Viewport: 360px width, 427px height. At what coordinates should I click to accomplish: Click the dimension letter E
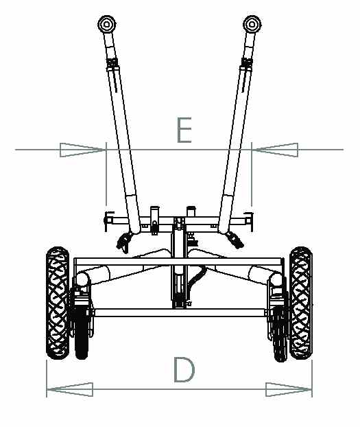coord(184,130)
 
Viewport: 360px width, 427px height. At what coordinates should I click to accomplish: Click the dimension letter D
coord(184,369)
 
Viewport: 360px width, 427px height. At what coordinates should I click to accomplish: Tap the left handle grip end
coord(107,24)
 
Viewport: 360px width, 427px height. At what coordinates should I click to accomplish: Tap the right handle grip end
coord(252,24)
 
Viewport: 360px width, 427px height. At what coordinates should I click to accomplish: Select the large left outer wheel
coord(58,303)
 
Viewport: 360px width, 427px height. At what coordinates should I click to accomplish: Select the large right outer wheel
coord(301,303)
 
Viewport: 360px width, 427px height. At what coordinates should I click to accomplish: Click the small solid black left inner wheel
coord(82,332)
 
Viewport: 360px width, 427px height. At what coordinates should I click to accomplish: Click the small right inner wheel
coord(280,333)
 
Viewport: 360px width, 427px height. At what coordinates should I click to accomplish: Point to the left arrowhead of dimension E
coord(83,150)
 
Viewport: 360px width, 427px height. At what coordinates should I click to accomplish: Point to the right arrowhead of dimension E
coord(275,150)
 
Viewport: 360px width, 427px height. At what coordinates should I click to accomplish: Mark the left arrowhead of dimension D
coord(70,389)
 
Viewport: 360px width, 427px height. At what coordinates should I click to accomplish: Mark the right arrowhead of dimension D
coord(289,389)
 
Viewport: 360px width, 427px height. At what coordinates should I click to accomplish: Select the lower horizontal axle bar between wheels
coord(180,312)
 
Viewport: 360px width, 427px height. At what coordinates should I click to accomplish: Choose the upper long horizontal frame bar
coord(178,262)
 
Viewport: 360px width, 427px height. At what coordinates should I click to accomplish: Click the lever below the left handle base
coord(124,241)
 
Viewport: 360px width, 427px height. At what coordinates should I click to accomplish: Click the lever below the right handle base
coord(235,240)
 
